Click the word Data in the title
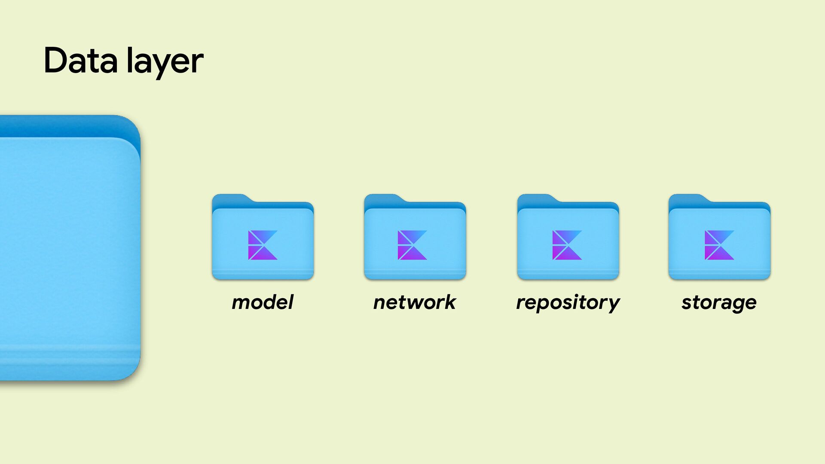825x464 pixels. pos(80,61)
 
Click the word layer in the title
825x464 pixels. pos(165,62)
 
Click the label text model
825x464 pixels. pos(263,302)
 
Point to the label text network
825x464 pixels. pos(415,302)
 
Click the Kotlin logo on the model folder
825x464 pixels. pos(263,245)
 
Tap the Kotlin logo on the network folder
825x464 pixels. pos(412,245)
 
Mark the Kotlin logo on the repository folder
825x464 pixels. pos(567,245)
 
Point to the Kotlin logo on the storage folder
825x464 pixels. pos(719,245)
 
